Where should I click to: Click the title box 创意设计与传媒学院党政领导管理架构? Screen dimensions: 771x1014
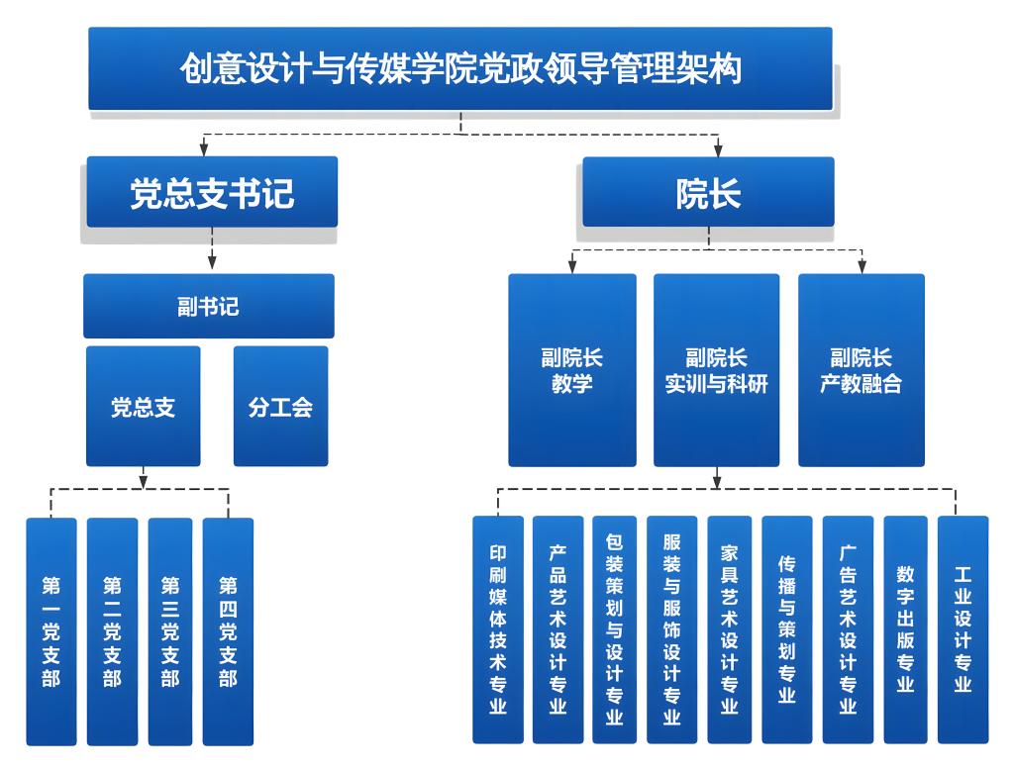tap(460, 68)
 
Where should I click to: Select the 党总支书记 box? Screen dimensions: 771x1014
tap(212, 192)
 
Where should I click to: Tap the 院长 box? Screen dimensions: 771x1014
tap(708, 192)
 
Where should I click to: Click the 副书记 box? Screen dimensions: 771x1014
tap(209, 306)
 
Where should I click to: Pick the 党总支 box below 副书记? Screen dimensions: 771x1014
tap(144, 406)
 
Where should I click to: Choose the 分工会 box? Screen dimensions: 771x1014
tap(280, 406)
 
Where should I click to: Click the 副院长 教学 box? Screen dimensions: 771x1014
tap(572, 370)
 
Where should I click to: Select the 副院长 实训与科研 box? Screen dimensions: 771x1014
tap(716, 370)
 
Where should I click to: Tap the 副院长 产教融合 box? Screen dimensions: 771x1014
tap(861, 370)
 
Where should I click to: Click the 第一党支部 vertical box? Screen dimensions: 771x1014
tap(51, 631)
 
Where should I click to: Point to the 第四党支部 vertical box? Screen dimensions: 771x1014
tap(228, 631)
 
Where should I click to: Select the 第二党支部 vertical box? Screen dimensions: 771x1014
tap(112, 631)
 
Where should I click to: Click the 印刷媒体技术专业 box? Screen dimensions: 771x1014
tap(498, 629)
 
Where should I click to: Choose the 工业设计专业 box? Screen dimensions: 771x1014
tap(963, 629)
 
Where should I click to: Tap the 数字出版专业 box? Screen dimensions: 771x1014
tap(905, 629)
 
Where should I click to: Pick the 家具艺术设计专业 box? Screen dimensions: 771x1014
tap(730, 629)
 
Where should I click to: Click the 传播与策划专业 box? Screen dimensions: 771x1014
tap(787, 629)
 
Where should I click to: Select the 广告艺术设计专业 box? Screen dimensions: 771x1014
tap(848, 629)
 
